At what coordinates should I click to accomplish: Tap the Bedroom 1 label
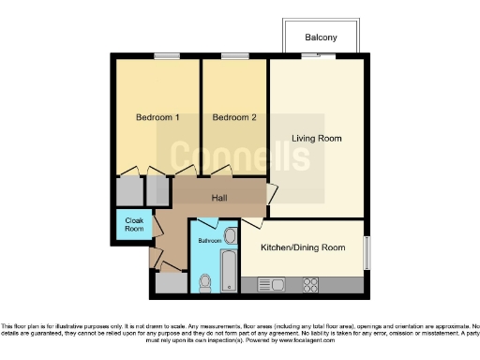click(157, 117)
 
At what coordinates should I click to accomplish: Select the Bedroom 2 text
click(233, 117)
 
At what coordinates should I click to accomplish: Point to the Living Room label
click(316, 139)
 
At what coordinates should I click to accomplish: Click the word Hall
click(219, 198)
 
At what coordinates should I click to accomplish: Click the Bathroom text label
click(209, 241)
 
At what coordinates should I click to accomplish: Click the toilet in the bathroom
click(205, 280)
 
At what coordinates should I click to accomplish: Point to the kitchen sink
click(271, 284)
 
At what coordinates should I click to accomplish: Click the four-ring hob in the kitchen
click(310, 284)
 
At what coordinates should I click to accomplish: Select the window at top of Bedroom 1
click(167, 56)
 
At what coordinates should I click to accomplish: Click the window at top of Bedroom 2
click(234, 56)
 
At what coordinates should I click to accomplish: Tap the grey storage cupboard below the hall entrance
click(171, 282)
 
